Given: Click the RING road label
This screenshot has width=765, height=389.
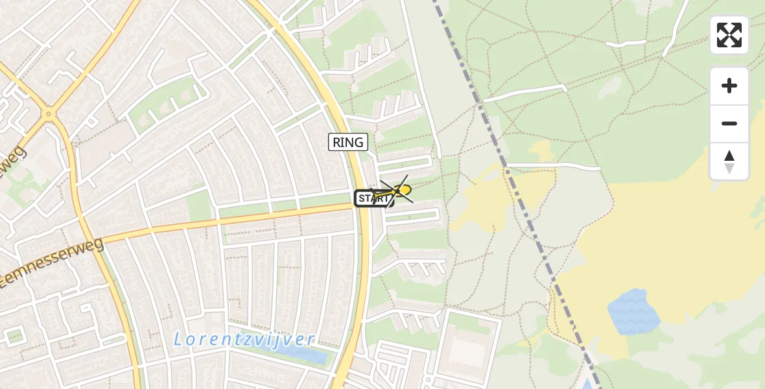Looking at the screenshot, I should click(x=348, y=142).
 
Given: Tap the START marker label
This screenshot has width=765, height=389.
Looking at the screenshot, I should click(x=372, y=198).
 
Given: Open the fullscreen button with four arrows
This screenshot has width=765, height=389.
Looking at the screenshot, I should click(x=729, y=35).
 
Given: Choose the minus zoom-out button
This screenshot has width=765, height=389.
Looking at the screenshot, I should click(x=729, y=124).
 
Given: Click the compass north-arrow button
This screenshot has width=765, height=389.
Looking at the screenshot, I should click(x=729, y=161).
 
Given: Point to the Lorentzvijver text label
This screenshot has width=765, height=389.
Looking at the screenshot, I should click(x=245, y=339).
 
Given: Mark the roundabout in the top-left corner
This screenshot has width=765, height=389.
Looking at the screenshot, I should click(x=47, y=115).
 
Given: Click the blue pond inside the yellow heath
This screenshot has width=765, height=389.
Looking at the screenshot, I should click(x=631, y=311).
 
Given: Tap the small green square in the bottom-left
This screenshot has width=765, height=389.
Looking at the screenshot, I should click(x=14, y=336).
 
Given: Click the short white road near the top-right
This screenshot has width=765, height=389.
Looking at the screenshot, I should click(x=626, y=43).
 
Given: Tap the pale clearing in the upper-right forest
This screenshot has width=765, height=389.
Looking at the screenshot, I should click(x=613, y=88).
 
